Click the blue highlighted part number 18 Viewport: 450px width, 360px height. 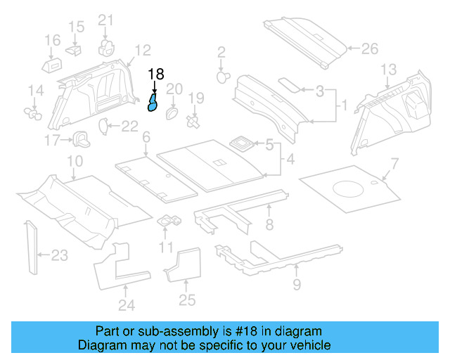click(x=152, y=104)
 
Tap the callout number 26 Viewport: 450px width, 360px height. click(x=369, y=49)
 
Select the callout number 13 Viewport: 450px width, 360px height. click(x=389, y=69)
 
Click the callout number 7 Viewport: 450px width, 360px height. click(x=394, y=165)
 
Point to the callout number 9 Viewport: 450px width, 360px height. click(x=297, y=284)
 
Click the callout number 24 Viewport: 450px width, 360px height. click(x=126, y=305)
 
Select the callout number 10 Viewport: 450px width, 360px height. click(x=74, y=162)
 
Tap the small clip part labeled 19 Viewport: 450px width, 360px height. click(x=191, y=122)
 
